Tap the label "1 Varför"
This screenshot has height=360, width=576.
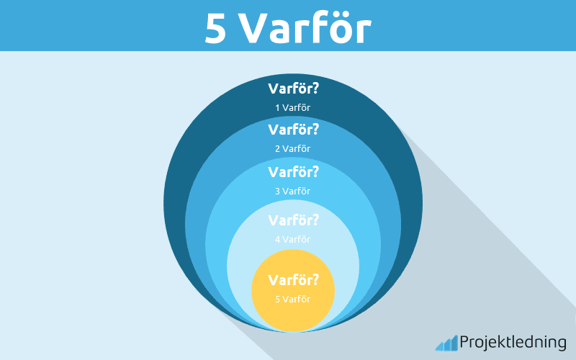[292, 108]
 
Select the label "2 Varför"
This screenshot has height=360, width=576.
[292, 149]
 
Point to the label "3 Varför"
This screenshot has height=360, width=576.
[292, 191]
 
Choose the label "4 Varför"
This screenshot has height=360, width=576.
[292, 239]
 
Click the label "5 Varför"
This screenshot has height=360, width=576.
[292, 298]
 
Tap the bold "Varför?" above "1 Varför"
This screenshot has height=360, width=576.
[293, 89]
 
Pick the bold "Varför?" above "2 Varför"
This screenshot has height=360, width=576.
[293, 130]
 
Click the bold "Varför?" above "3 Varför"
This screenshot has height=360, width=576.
[293, 172]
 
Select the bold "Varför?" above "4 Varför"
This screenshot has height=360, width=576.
[293, 220]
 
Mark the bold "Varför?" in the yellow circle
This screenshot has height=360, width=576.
[293, 279]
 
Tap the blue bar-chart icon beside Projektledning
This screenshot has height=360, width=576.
[446, 343]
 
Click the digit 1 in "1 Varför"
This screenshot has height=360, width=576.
[277, 108]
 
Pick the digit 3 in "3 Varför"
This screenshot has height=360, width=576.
[277, 191]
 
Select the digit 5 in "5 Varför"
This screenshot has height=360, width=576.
[277, 298]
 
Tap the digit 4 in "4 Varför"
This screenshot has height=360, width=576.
[277, 239]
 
